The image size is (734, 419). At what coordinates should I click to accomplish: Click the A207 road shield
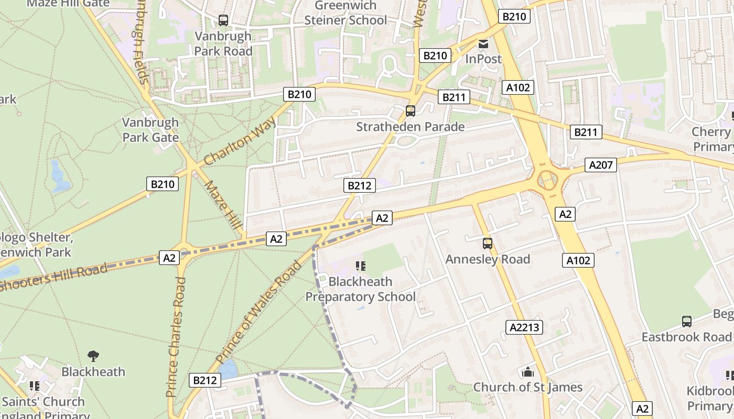point(601,165)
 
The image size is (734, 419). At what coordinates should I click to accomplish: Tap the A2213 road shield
point(525,327)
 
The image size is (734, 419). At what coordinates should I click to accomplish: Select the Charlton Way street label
point(240,141)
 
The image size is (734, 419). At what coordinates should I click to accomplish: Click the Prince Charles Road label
point(176,337)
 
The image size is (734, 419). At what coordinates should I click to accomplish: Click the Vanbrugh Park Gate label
point(150,130)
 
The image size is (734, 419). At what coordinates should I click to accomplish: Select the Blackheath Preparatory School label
point(360,289)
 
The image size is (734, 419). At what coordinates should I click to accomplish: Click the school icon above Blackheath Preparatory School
point(360,266)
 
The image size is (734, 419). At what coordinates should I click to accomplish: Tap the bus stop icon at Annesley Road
point(488,243)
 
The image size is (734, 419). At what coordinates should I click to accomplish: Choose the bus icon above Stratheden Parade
point(411,111)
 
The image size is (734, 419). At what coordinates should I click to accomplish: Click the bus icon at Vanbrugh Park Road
point(223,20)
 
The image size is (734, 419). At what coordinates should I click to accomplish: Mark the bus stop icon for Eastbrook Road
point(686,321)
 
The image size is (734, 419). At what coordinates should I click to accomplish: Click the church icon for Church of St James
point(527,372)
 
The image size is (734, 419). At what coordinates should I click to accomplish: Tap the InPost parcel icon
point(483,43)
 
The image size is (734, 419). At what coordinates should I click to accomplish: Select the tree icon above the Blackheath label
point(93,356)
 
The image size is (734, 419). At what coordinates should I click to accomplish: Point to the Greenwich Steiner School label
point(346,13)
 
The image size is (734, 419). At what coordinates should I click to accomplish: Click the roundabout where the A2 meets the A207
point(547,181)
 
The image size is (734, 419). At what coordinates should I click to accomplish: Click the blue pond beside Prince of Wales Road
point(229,369)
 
